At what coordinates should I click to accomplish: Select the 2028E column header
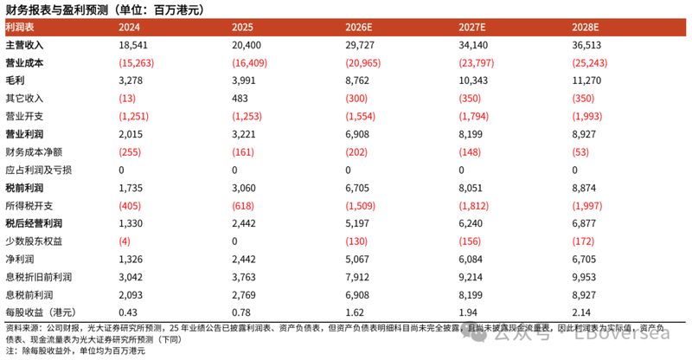tap(587, 28)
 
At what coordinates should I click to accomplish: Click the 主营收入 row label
tap(23, 43)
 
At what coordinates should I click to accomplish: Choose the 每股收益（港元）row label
tap(38, 311)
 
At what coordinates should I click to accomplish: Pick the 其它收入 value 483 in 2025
tap(240, 98)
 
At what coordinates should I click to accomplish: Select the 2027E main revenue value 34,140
tap(473, 43)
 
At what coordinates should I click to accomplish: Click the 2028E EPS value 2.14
tap(581, 311)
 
